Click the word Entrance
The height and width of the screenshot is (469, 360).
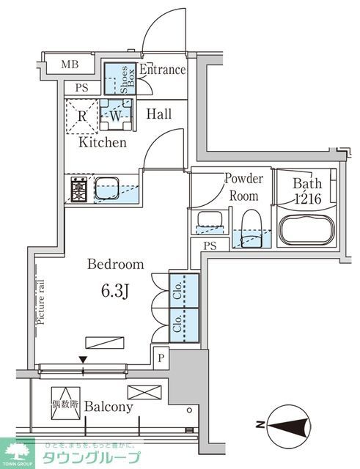coord(164,70)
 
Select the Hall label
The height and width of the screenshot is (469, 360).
coord(158,114)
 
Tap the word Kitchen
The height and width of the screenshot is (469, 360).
coord(103,142)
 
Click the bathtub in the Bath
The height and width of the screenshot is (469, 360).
coord(306,230)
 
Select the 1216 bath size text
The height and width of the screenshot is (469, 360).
coord(306,199)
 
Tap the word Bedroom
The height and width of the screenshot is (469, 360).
coord(116,265)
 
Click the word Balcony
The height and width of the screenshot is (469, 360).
coord(108,407)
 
